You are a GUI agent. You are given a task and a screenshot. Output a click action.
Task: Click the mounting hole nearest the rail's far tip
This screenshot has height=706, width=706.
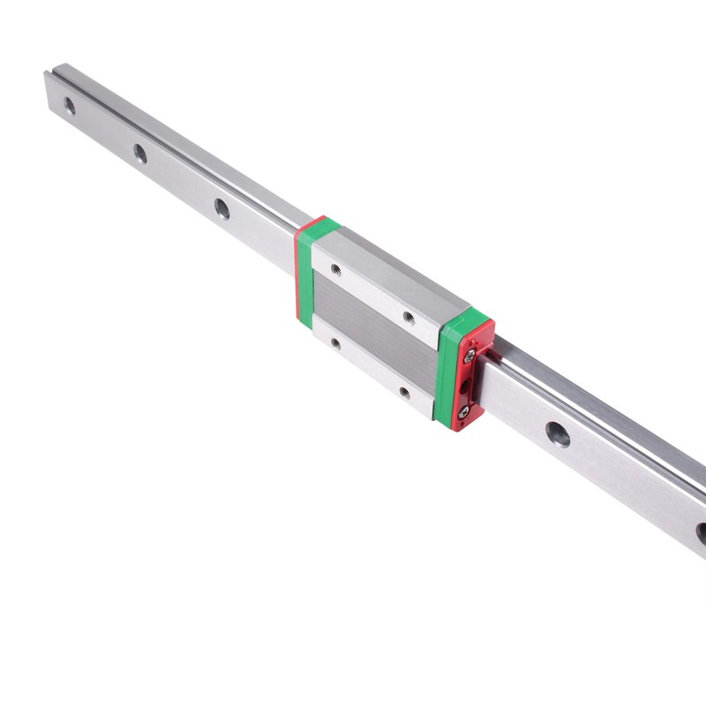69,107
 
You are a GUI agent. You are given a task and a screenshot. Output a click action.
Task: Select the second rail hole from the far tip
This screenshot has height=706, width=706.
140,154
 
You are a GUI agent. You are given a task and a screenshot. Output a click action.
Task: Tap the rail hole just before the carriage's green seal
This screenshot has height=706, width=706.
222,208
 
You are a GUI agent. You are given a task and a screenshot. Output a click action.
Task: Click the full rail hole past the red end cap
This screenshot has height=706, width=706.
557,433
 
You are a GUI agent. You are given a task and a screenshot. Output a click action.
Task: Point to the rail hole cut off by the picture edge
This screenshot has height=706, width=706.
701,532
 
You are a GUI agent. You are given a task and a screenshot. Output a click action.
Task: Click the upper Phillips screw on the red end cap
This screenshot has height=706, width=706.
470,355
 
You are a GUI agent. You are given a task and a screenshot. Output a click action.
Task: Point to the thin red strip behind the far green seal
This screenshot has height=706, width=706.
297,265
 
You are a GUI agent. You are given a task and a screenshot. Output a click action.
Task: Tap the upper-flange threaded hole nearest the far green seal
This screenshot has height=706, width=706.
335,269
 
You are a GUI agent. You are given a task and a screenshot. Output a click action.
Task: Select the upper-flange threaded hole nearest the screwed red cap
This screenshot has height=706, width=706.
408,317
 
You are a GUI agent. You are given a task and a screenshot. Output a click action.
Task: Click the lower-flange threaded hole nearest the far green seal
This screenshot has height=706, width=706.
335,344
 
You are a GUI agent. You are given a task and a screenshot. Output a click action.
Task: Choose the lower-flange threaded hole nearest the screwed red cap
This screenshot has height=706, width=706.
404,393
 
